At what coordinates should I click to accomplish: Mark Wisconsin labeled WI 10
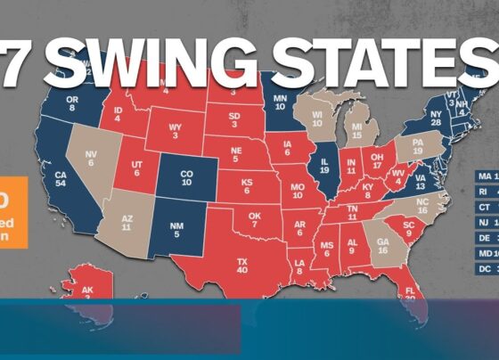(318, 118)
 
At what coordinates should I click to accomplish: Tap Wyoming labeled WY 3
(176, 132)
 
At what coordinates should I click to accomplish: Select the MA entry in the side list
(485, 175)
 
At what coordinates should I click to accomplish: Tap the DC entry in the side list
(485, 268)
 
